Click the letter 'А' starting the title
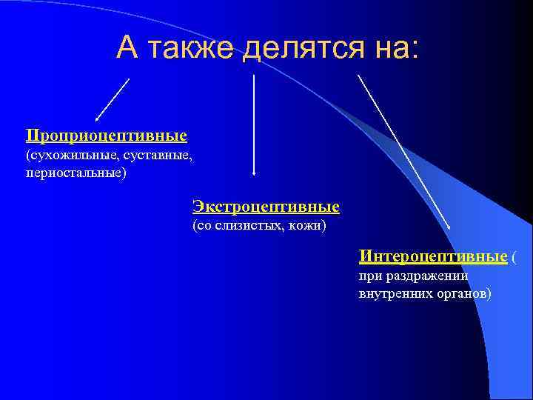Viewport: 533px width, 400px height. tap(127, 48)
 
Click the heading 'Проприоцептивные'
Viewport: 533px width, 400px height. tap(106, 136)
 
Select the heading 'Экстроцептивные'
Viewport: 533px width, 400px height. tap(266, 205)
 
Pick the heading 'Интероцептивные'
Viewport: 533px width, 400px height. tap(433, 256)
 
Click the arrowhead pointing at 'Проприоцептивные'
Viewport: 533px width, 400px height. tap(97, 119)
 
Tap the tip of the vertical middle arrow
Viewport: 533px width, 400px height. tap(254, 173)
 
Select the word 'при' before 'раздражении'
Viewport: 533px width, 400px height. tap(369, 276)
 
